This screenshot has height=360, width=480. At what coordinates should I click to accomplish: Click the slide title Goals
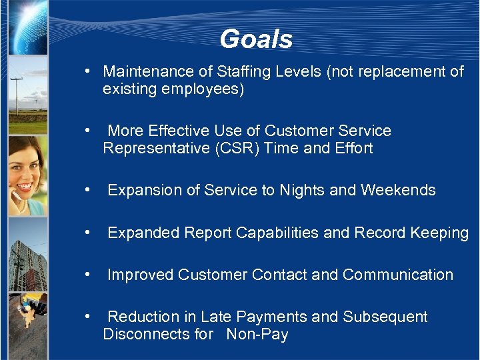coord(256,39)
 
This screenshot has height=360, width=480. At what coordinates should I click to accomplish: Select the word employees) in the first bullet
coord(209,89)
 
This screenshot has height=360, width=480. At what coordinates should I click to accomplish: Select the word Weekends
coord(398,191)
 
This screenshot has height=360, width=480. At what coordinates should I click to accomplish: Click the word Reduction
coord(143,317)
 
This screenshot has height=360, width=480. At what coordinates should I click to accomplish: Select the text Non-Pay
coord(257,334)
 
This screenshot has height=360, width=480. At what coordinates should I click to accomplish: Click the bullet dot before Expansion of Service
coord(87,191)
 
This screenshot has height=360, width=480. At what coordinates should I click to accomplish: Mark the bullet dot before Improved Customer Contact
coord(87,275)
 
